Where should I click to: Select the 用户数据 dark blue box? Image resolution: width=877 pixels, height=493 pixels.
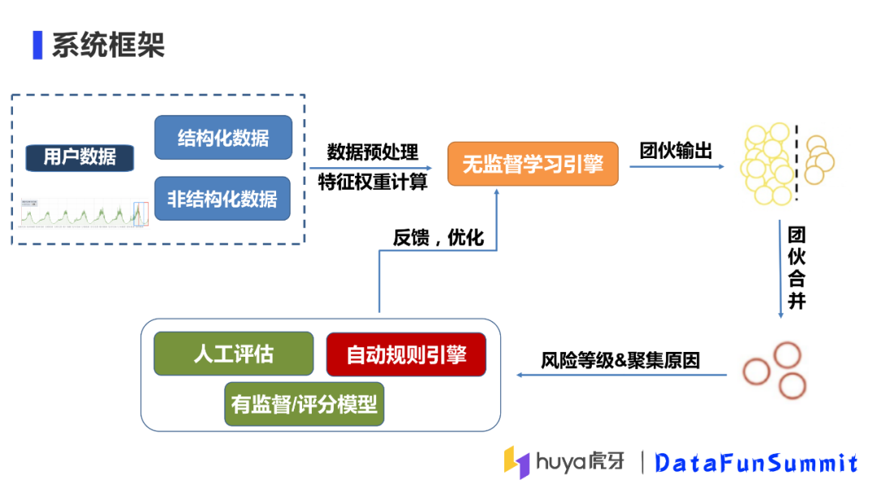tap(79, 156)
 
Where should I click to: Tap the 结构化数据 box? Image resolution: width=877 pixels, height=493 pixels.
tap(223, 137)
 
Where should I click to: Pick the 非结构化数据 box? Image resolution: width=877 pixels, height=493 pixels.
tap(222, 199)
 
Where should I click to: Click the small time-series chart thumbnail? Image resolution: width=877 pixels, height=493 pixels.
tap(84, 212)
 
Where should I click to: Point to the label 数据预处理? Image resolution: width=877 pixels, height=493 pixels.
tap(373, 152)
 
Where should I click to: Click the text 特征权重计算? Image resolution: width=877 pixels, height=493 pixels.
tap(373, 182)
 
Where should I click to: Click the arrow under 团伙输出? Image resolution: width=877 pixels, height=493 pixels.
tap(676, 168)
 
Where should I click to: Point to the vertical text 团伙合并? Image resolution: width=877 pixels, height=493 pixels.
tap(797, 268)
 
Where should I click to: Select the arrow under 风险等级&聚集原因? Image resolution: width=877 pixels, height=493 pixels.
tap(622, 375)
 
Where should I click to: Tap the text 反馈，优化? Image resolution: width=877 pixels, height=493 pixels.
tap(438, 238)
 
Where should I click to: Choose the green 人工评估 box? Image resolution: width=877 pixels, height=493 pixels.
tap(233, 354)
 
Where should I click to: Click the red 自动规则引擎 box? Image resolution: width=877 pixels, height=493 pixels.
tap(406, 354)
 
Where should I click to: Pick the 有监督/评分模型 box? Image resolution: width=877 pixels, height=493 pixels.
tap(304, 404)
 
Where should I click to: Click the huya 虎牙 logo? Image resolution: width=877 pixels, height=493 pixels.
tap(565, 462)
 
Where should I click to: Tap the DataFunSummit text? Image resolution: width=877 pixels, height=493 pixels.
tap(756, 463)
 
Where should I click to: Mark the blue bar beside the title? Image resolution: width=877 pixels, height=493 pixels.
tap(37, 45)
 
